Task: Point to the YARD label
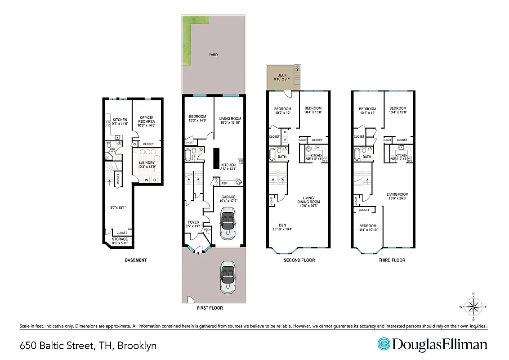click(x=213, y=55)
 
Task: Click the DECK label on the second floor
click(x=282, y=75)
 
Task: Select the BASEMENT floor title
click(x=135, y=260)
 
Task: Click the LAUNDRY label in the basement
click(x=147, y=163)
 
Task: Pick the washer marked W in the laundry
click(x=146, y=180)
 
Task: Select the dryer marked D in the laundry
click(x=155, y=180)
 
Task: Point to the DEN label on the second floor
click(x=282, y=225)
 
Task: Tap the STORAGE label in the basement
click(x=120, y=239)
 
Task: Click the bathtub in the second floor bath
click(x=272, y=154)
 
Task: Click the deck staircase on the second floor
click(x=296, y=71)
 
